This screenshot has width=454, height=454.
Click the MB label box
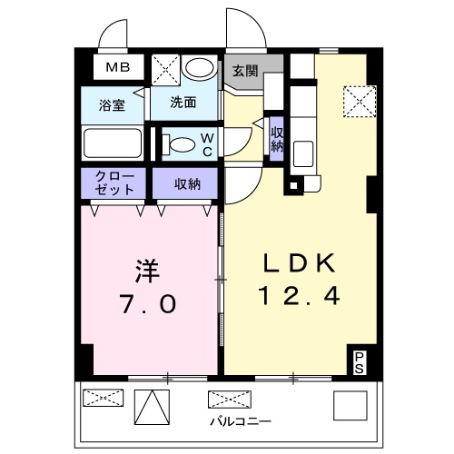119,68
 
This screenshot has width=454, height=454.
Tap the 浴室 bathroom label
112,104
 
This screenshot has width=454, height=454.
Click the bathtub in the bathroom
112,143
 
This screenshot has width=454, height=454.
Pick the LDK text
300,263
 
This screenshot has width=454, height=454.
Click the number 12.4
300,297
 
